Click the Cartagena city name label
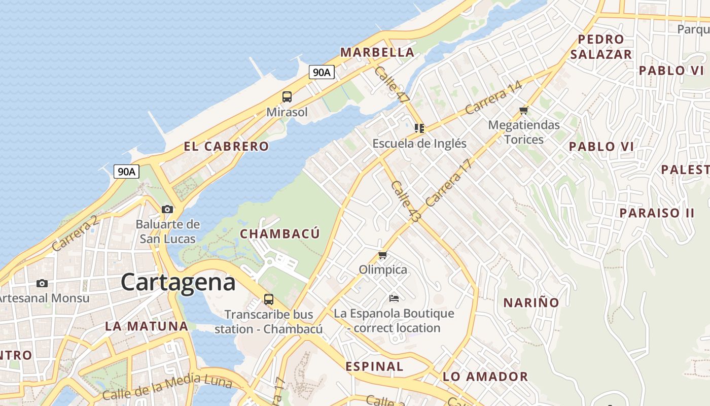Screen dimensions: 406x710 pos(178,283)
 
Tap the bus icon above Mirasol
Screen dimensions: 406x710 pos(287,96)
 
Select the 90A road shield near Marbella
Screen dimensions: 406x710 pos(322,73)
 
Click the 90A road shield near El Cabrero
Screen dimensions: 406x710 pos(126,172)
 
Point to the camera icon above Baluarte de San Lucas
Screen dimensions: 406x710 pos(167,209)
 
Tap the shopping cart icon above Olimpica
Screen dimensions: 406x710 pos(383,255)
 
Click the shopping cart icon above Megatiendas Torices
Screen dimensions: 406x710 pos(524,110)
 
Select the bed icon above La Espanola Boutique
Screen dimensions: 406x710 pos(394,298)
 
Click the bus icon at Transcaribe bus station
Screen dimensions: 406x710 pos(269,299)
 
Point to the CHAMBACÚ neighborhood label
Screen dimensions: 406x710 pos(280,234)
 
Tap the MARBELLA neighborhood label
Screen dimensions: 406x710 pos(377,52)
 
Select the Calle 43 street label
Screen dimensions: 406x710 pos(406,201)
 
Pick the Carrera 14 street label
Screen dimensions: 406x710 pos(493,97)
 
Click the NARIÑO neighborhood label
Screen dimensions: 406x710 pos(531,303)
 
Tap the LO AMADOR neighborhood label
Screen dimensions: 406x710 pos(485,377)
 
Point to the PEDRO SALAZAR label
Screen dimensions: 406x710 pos(601,47)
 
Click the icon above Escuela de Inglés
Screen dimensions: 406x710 pos(419,128)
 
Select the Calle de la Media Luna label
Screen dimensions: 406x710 pos(167,387)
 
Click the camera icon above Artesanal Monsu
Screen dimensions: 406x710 pos(42,283)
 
